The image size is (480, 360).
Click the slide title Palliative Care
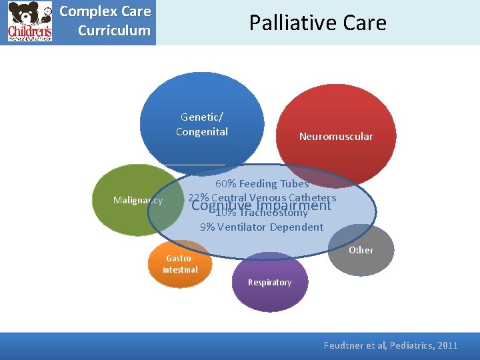(x=317, y=23)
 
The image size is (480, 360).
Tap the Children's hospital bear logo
(x=29, y=22)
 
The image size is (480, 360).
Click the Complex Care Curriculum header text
(x=105, y=21)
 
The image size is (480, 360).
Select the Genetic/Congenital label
(x=201, y=125)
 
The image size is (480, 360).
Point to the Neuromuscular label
(x=336, y=137)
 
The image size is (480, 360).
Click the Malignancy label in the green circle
(x=138, y=200)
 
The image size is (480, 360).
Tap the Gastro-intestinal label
(x=180, y=264)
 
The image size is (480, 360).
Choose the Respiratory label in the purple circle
(x=269, y=283)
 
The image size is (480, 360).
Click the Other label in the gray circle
(x=361, y=250)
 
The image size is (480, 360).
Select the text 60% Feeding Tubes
(x=261, y=183)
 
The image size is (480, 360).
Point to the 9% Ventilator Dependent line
(x=261, y=227)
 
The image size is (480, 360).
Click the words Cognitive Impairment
(x=261, y=206)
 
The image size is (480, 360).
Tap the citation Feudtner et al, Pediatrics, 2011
(x=391, y=345)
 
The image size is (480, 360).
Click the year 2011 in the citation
(x=445, y=345)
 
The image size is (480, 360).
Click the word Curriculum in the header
(x=114, y=31)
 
